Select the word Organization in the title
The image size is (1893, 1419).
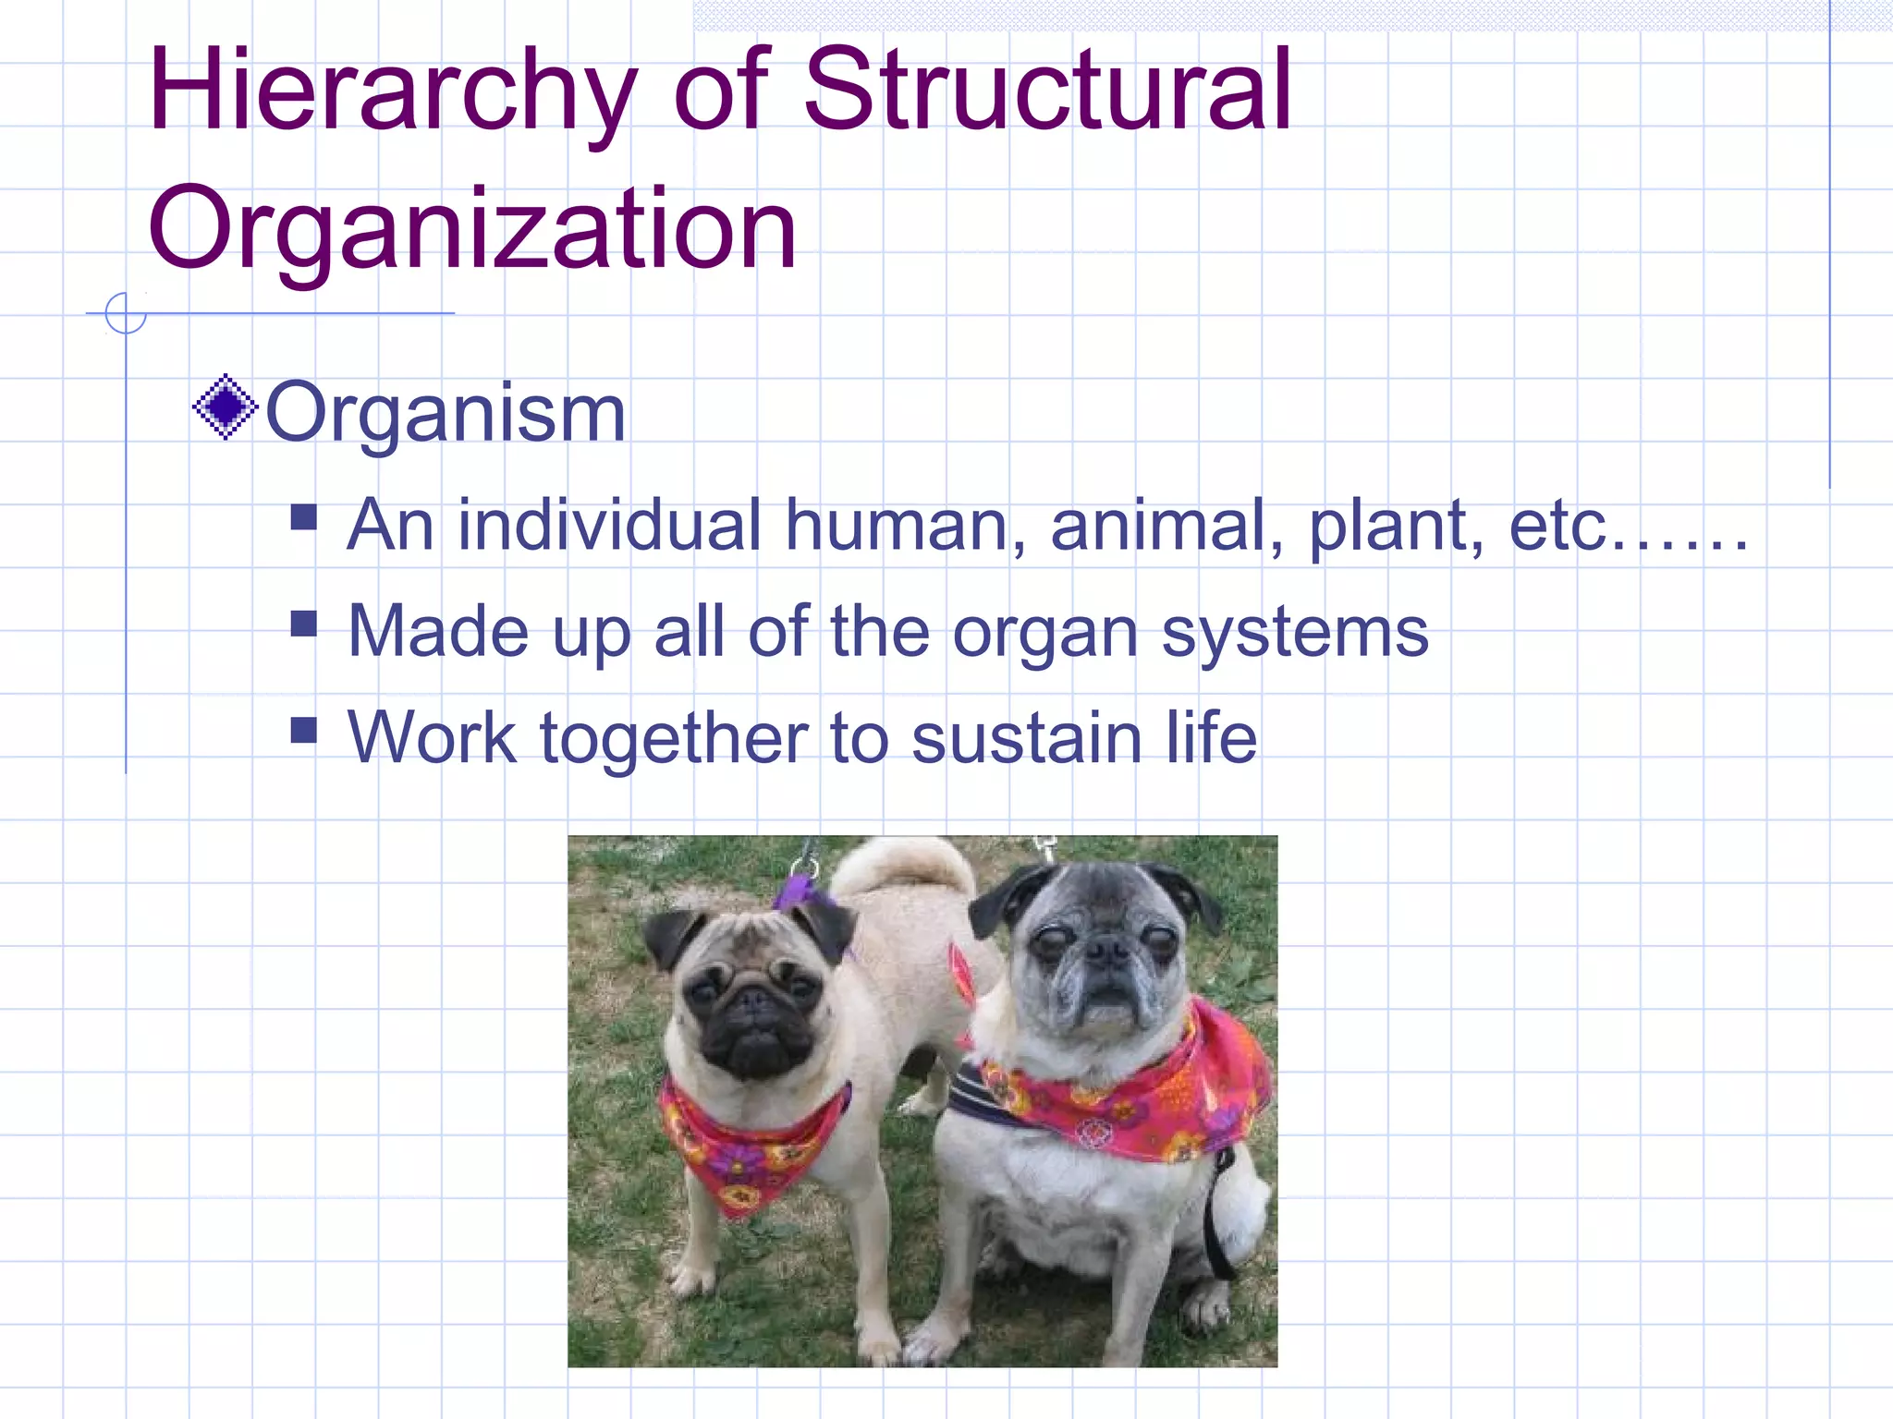tap(471, 229)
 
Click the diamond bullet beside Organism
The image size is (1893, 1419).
tap(225, 407)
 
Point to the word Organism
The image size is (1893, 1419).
tap(446, 413)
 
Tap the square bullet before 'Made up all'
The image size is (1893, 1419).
tap(303, 625)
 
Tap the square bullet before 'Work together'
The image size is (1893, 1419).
tap(303, 731)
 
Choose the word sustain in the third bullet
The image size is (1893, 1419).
tap(1026, 739)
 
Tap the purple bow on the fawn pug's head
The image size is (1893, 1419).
tap(800, 892)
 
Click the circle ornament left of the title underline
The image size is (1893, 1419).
tap(126, 313)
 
